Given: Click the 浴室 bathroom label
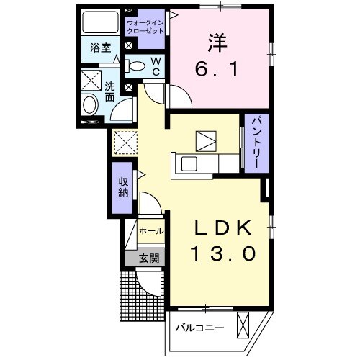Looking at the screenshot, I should point(99,49).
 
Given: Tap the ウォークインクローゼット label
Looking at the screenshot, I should point(146,27).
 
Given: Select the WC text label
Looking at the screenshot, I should point(155,67).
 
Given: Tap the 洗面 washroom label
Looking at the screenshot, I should point(110,92).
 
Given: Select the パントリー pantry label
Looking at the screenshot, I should point(254,143).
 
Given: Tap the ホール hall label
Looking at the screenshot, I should point(150,232).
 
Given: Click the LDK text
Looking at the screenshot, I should point(222,230).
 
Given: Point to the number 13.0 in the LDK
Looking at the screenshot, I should point(222,254).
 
